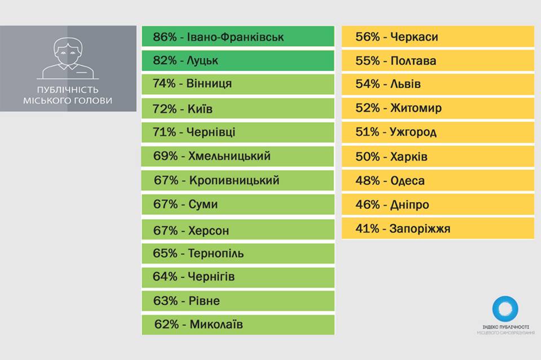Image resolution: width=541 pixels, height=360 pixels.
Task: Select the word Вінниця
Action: (x=209, y=84)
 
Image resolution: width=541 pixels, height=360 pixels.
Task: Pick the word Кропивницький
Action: (x=234, y=181)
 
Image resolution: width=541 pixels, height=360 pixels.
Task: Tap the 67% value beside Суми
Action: (x=165, y=205)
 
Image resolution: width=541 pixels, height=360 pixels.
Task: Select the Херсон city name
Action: (x=209, y=230)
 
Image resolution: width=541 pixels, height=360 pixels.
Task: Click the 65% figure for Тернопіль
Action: (x=165, y=254)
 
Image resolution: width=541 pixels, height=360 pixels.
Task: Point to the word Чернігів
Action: (x=211, y=277)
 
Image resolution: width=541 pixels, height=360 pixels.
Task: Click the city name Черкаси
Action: (x=414, y=37)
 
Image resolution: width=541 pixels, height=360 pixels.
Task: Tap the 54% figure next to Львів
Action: (x=367, y=84)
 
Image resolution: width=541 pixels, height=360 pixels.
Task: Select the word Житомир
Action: (x=416, y=108)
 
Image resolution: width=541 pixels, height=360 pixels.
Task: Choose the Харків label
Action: (x=409, y=157)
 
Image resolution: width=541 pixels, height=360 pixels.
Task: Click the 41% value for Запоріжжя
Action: (x=367, y=229)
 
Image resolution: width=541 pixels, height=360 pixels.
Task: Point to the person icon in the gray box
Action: (x=68, y=59)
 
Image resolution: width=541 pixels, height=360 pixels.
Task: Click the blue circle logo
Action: (x=505, y=309)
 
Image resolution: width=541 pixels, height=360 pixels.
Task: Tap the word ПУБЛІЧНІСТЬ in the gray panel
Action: (x=68, y=90)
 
